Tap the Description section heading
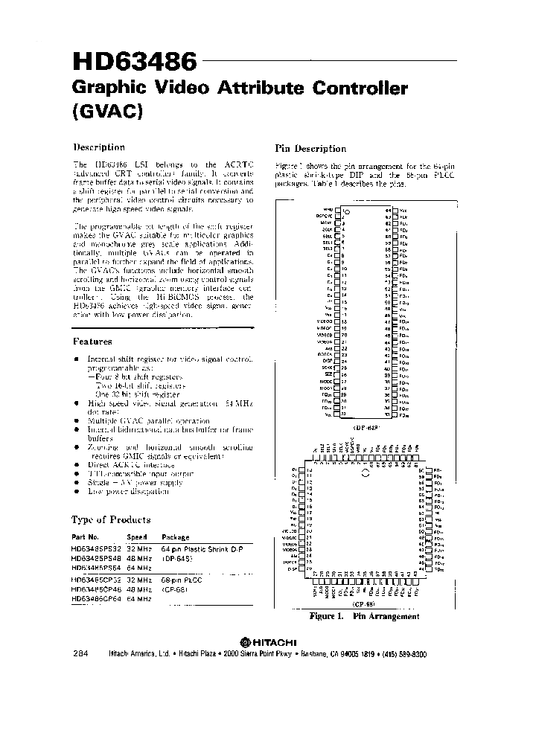(x=98, y=147)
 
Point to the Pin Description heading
(x=310, y=148)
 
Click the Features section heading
(x=92, y=342)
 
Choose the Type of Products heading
(x=111, y=519)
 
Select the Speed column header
(x=136, y=536)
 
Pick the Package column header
(x=176, y=536)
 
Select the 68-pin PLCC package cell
(x=183, y=578)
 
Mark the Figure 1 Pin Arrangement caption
(x=364, y=616)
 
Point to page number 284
(x=82, y=653)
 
